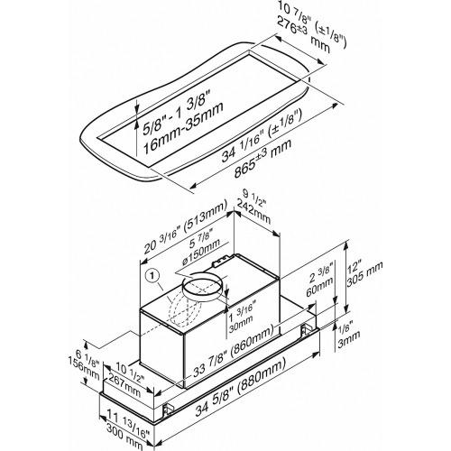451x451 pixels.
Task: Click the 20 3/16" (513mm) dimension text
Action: click(x=185, y=227)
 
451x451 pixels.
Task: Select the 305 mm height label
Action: click(x=365, y=274)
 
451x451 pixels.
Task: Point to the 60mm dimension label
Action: click(x=320, y=286)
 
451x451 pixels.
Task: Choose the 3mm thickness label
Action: click(x=349, y=339)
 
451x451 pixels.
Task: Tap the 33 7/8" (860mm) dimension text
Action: click(x=233, y=351)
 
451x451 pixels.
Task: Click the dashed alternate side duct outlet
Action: click(x=185, y=313)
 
